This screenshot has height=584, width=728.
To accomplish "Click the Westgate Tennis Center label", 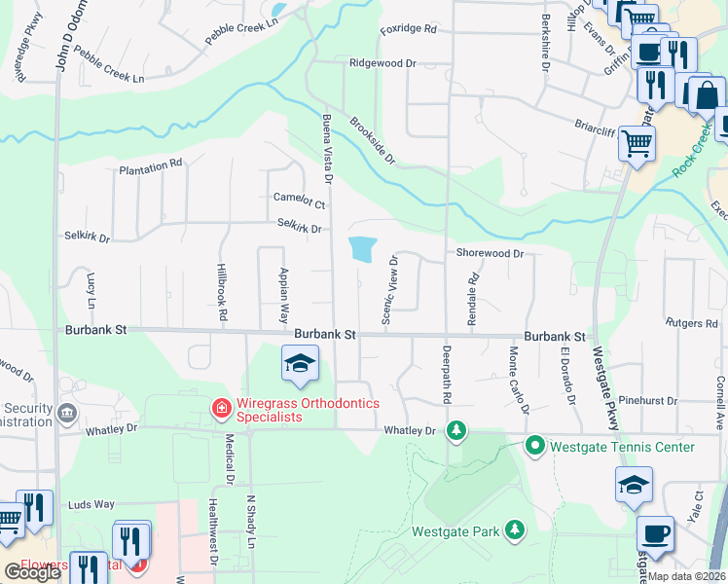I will click(x=623, y=447).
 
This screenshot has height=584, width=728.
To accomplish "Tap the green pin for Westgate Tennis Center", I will click(x=534, y=447).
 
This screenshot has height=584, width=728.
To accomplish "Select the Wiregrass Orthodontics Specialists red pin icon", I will click(x=222, y=407).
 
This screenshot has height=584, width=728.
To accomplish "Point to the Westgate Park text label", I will click(x=455, y=531).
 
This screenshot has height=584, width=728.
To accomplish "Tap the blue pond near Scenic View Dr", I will click(x=361, y=249).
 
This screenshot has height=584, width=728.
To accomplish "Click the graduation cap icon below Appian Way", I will click(x=301, y=365).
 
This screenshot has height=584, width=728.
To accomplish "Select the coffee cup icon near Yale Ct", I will click(x=655, y=534).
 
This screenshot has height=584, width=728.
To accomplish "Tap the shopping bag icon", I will click(x=707, y=95).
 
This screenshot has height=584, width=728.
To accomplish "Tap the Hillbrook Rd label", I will click(x=222, y=292).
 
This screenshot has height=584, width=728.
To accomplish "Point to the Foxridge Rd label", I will click(x=409, y=29).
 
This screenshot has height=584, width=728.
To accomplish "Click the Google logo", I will click(x=33, y=572).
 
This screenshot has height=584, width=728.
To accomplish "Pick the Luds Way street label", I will click(x=91, y=505).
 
